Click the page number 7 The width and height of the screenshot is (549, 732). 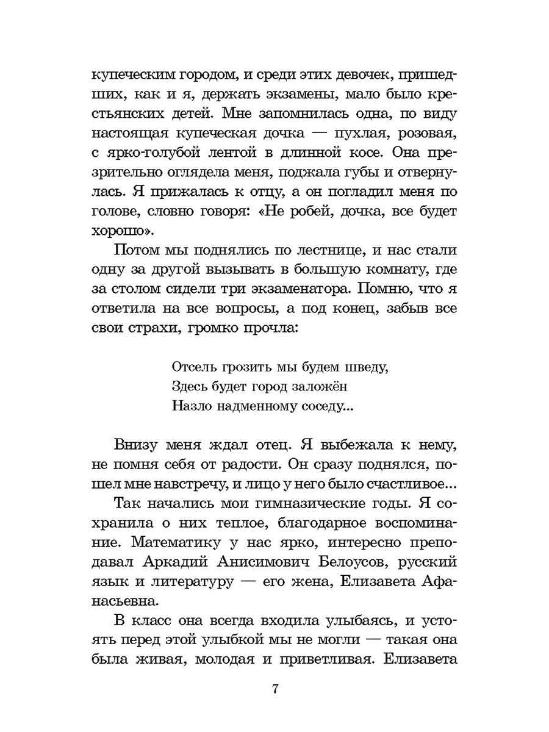click(x=275, y=690)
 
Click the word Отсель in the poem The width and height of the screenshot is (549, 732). click(x=190, y=368)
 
